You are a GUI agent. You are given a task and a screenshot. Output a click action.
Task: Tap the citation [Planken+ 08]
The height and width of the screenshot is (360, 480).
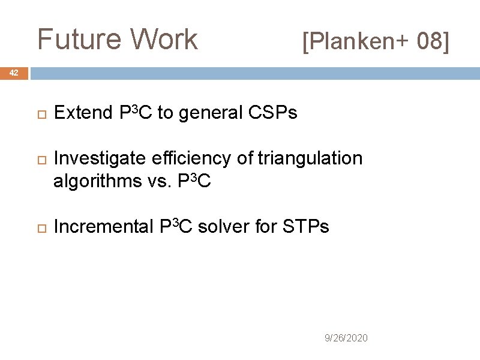point(375,42)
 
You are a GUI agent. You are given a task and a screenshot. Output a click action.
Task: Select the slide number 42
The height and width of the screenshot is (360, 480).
point(14,73)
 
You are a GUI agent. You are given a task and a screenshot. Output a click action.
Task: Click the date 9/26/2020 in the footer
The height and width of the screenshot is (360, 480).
point(346,338)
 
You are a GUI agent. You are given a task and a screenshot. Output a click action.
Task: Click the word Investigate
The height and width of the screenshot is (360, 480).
point(98,159)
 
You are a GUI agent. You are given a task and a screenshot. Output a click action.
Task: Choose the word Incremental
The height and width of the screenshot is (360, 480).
point(104,227)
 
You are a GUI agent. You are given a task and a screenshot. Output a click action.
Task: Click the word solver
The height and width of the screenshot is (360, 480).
point(225,227)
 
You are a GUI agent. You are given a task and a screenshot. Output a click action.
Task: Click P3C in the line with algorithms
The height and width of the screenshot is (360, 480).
point(194,181)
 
